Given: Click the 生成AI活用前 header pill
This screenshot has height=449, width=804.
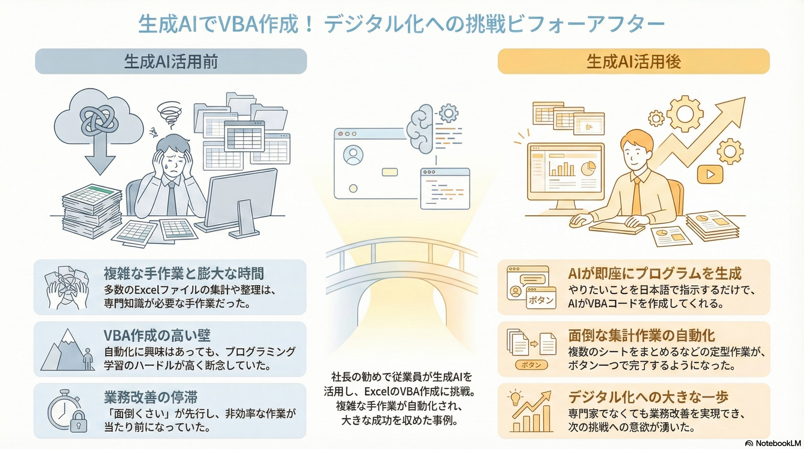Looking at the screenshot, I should (x=171, y=61).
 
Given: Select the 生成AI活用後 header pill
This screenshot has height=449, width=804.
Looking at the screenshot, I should (x=633, y=61).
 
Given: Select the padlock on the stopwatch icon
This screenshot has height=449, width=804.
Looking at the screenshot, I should (x=78, y=422).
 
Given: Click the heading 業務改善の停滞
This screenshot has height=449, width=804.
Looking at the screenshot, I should (x=151, y=397).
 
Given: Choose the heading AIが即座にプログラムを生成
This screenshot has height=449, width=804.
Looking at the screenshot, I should (x=654, y=274).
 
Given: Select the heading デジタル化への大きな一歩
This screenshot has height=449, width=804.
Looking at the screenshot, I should (x=648, y=397).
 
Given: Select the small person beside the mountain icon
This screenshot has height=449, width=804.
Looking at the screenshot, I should (x=88, y=359).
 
